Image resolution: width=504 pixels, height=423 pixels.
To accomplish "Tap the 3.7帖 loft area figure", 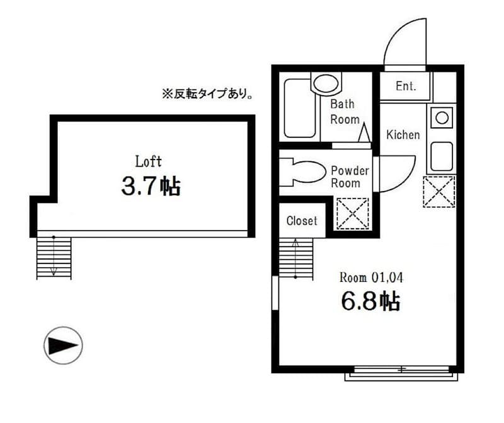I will pos(151,186).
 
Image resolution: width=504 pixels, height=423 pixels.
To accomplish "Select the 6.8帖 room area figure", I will pos(370,301).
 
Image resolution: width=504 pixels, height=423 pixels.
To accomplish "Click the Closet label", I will pos(302,221).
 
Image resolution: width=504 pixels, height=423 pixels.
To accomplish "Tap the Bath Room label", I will pos(345,112).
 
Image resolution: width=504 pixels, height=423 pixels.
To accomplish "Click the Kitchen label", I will pos(403,134).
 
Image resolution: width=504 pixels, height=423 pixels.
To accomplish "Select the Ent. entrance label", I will pos(406,86).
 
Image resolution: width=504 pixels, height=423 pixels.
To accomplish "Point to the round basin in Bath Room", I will pos(325,83).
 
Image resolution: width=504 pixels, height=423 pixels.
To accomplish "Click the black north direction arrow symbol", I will pos(63,345).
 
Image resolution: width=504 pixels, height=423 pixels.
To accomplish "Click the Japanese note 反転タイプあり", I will pos(208,94).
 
